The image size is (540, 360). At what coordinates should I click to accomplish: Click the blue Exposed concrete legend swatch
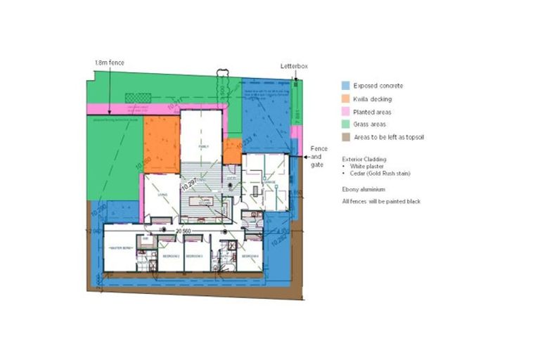click(346, 86)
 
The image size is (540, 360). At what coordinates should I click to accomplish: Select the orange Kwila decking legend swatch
click(346, 99)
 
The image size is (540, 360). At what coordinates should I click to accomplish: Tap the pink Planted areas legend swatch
click(346, 112)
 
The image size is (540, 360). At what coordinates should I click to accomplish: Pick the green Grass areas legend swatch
click(346, 124)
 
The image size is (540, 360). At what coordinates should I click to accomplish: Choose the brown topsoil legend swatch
click(346, 137)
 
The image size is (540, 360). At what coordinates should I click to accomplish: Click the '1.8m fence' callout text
click(109, 63)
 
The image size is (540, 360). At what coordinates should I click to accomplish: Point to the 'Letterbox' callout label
click(294, 66)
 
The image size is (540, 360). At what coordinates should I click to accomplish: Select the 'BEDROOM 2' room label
click(171, 256)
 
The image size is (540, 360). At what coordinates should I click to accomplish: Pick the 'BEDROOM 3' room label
click(194, 256)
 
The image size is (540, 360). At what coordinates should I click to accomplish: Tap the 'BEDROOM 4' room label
click(250, 256)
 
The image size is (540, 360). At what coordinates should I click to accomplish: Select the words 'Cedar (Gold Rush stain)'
click(380, 173)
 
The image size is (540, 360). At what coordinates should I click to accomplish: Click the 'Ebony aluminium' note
click(363, 189)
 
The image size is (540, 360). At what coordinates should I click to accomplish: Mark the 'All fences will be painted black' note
click(381, 202)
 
